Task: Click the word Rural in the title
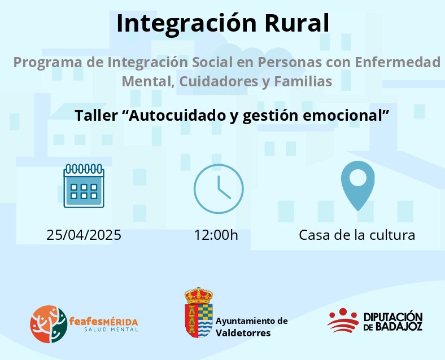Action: coord(297,23)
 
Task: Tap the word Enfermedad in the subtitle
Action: coord(398,62)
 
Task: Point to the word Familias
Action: coord(303,81)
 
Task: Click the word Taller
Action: coord(96,115)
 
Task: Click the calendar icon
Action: coord(84,186)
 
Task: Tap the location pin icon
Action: coord(358,186)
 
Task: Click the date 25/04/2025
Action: coord(84,235)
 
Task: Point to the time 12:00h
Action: coord(216,235)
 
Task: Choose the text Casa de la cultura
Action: coord(357,235)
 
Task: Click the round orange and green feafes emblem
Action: coord(49,324)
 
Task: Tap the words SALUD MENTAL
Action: coord(111,330)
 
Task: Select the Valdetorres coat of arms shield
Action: coord(199,321)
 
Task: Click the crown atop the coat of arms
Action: coord(199,295)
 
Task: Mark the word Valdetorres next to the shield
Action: coord(243,332)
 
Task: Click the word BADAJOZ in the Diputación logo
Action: coord(399,327)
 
